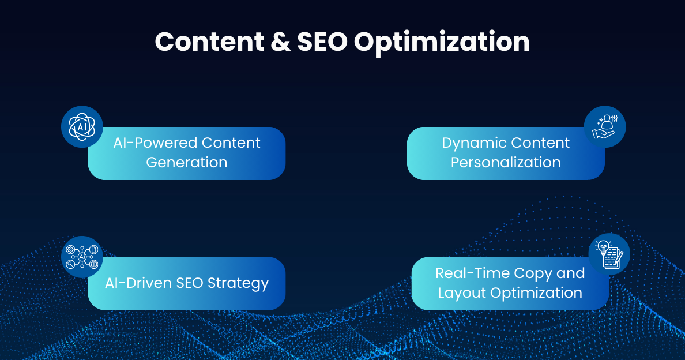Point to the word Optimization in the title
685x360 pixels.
442,43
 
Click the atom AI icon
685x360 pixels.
82,126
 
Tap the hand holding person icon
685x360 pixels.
605,126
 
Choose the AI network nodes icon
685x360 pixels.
82,257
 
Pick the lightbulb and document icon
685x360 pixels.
609,254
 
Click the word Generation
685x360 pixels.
187,163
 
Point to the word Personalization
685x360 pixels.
506,163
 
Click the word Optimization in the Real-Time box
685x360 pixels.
536,293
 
